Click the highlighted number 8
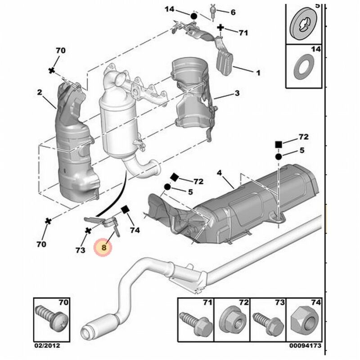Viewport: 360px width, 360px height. coord(104,247)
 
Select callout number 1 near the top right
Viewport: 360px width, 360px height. coord(258,72)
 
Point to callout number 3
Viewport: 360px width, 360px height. coord(220,173)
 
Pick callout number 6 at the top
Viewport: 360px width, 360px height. coord(233,12)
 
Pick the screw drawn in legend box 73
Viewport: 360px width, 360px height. coord(267,321)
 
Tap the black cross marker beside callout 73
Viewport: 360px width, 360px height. coord(88,231)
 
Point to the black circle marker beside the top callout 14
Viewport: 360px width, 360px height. coord(193,16)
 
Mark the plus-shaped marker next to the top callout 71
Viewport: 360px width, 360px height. coord(220,28)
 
